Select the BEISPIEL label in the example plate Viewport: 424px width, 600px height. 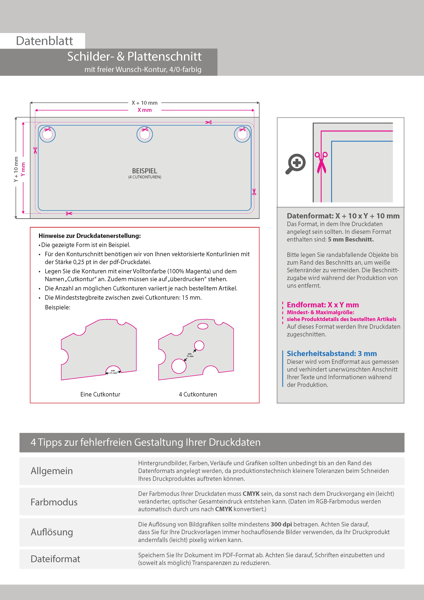tap(144, 171)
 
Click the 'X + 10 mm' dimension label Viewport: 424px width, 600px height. tap(144, 103)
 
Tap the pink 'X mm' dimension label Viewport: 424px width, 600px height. tap(144, 110)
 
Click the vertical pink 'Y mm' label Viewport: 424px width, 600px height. tap(23, 169)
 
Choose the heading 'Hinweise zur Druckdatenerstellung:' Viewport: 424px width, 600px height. tap(90, 236)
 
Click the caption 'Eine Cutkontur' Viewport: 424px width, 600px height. tap(100, 394)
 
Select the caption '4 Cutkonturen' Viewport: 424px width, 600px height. tap(198, 394)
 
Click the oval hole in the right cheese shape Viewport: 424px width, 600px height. tap(203, 326)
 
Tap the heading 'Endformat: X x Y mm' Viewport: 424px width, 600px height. tap(323, 305)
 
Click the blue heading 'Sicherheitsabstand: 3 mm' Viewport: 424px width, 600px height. tap(332, 353)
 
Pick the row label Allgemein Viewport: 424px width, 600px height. tap(52, 471)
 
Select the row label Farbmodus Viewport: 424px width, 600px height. tap(54, 502)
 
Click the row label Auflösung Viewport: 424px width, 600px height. tap(52, 532)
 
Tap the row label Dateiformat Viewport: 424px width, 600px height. tap(55, 559)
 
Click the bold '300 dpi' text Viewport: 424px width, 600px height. tap(281, 524)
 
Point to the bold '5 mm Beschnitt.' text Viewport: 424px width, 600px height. tap(351, 239)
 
